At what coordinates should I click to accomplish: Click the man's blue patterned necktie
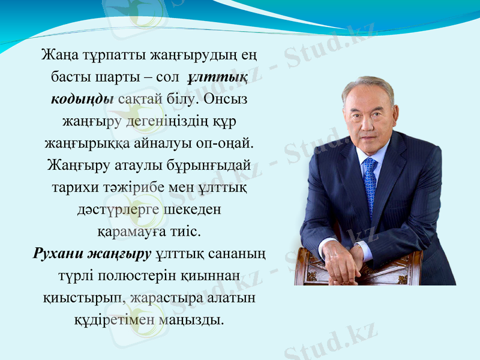tap(370, 180)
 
